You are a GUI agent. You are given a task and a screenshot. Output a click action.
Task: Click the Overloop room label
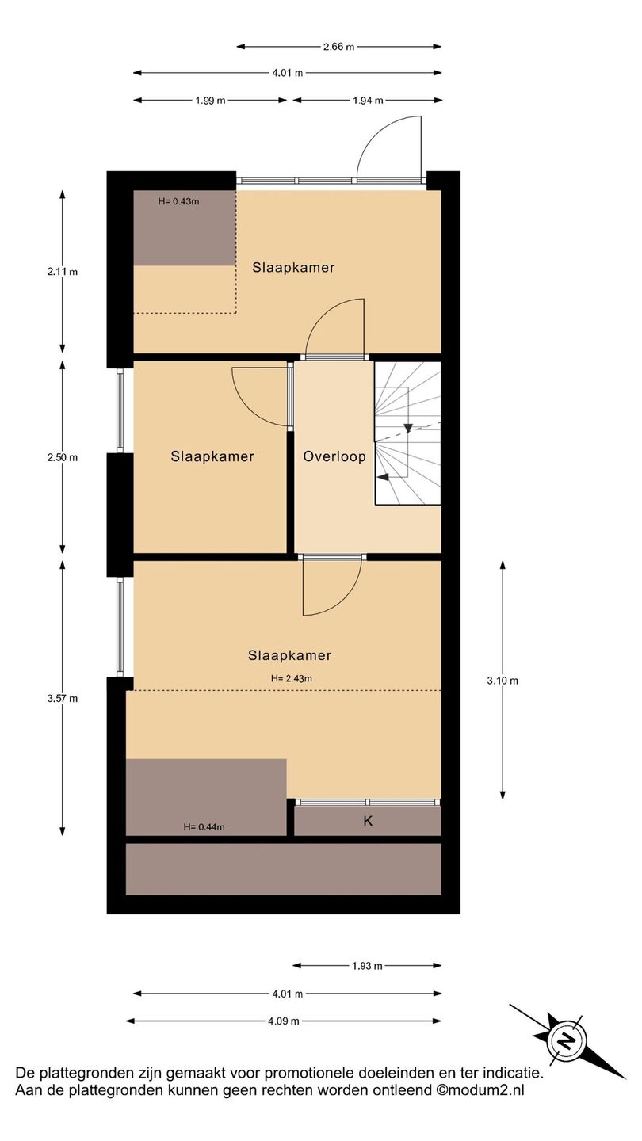[x=334, y=456]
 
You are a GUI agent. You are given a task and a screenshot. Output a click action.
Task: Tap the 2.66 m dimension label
[x=339, y=47]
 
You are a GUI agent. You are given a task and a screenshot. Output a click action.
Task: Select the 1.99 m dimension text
[x=210, y=101]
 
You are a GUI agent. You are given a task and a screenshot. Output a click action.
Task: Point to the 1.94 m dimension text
[x=368, y=101]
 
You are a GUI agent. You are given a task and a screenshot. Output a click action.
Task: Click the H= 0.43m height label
[x=178, y=201]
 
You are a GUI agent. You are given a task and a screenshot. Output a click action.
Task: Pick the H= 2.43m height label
[x=292, y=678]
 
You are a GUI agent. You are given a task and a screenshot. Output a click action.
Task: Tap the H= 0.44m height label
[x=204, y=827]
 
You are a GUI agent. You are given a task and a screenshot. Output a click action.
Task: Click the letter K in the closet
[x=368, y=821]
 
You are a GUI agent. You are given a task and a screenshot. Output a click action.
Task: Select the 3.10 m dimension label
[x=503, y=681]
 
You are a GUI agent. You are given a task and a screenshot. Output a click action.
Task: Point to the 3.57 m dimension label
[x=63, y=698]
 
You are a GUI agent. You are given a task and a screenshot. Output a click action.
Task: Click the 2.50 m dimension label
[x=63, y=457]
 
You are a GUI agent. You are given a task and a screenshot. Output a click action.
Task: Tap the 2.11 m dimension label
[x=63, y=272]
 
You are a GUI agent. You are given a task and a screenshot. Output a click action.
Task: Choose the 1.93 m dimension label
[x=367, y=966]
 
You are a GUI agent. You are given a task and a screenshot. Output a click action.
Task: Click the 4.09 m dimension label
[x=283, y=1021]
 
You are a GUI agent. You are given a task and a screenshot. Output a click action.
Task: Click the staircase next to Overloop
[x=407, y=433]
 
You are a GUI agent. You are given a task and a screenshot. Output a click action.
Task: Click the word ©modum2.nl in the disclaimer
[x=480, y=1090]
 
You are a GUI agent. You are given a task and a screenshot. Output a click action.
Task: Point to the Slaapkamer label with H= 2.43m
[x=289, y=655]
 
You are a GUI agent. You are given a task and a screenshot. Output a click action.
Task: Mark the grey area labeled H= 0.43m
[x=185, y=228]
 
